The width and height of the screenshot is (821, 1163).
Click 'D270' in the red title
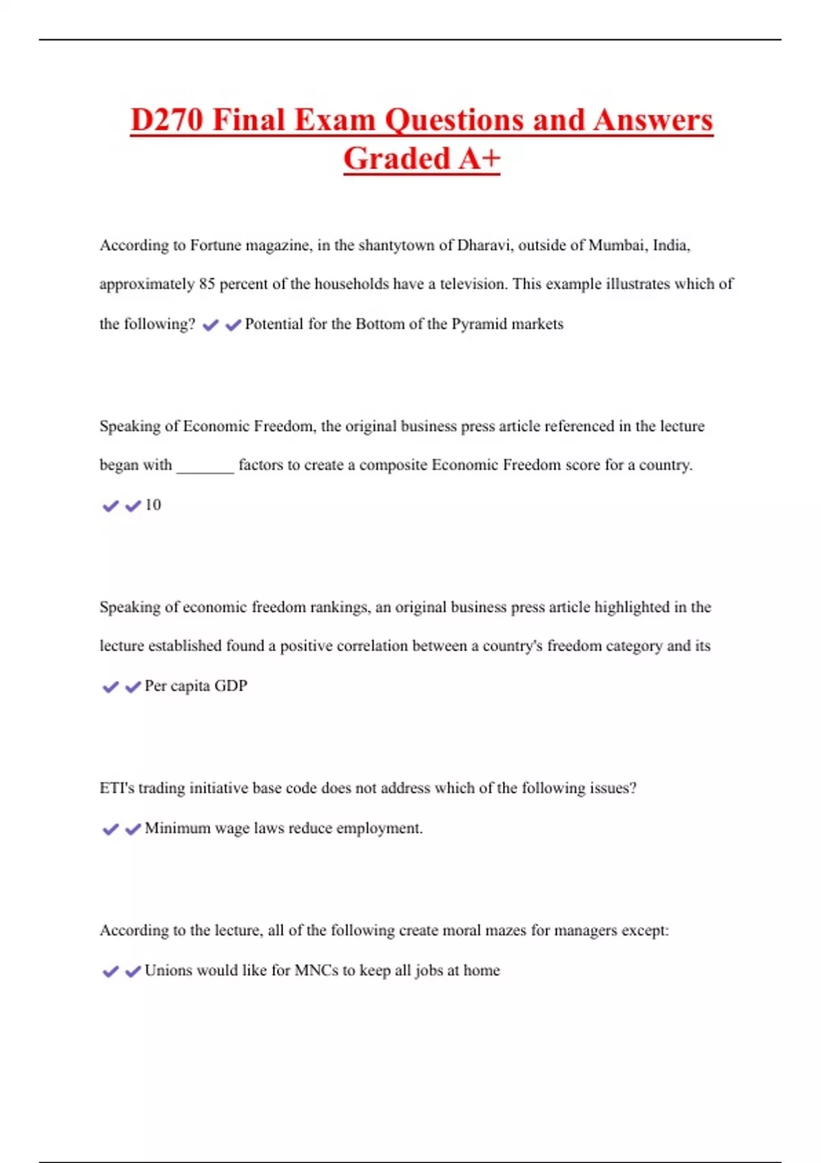pos(167,120)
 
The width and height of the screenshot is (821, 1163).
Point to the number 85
pos(207,284)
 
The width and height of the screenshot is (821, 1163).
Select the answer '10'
pos(153,505)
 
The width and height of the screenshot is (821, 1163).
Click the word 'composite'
pos(393,465)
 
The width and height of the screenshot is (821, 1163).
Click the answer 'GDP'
pos(231,685)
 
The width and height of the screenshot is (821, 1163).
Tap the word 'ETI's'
pos(117,788)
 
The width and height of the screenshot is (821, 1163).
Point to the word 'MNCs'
pos(316,970)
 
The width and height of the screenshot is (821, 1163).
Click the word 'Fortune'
pos(216,246)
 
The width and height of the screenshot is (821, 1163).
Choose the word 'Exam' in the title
pos(335,120)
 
